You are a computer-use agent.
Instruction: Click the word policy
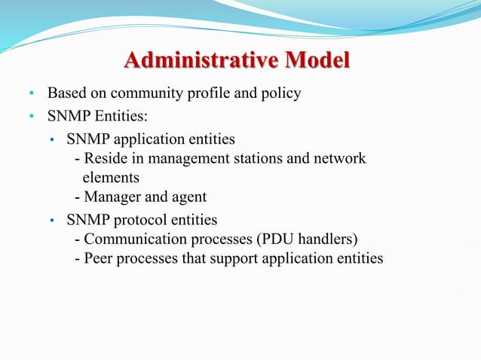point(281,94)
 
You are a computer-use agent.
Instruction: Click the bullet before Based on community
point(32,95)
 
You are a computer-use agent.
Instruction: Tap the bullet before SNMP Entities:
point(32,117)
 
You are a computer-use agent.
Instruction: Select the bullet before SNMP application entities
point(51,141)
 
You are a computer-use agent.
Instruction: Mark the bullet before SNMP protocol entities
point(51,221)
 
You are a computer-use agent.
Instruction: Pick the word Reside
point(106,159)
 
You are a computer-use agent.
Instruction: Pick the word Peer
point(99,259)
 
